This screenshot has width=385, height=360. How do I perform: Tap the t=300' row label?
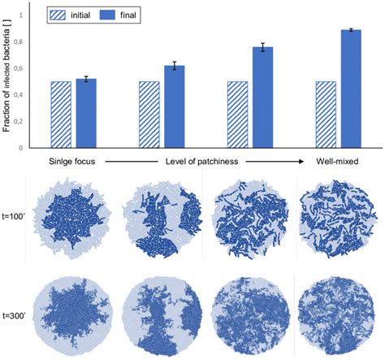[19, 314]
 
